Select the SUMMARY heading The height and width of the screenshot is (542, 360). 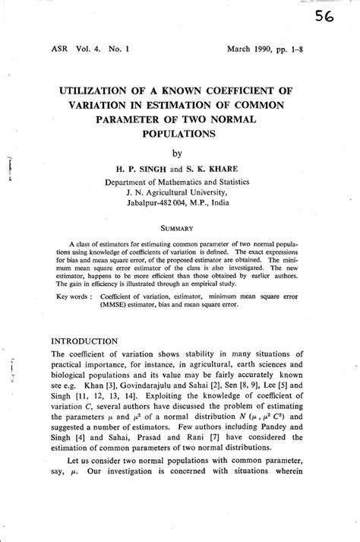(x=179, y=227)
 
